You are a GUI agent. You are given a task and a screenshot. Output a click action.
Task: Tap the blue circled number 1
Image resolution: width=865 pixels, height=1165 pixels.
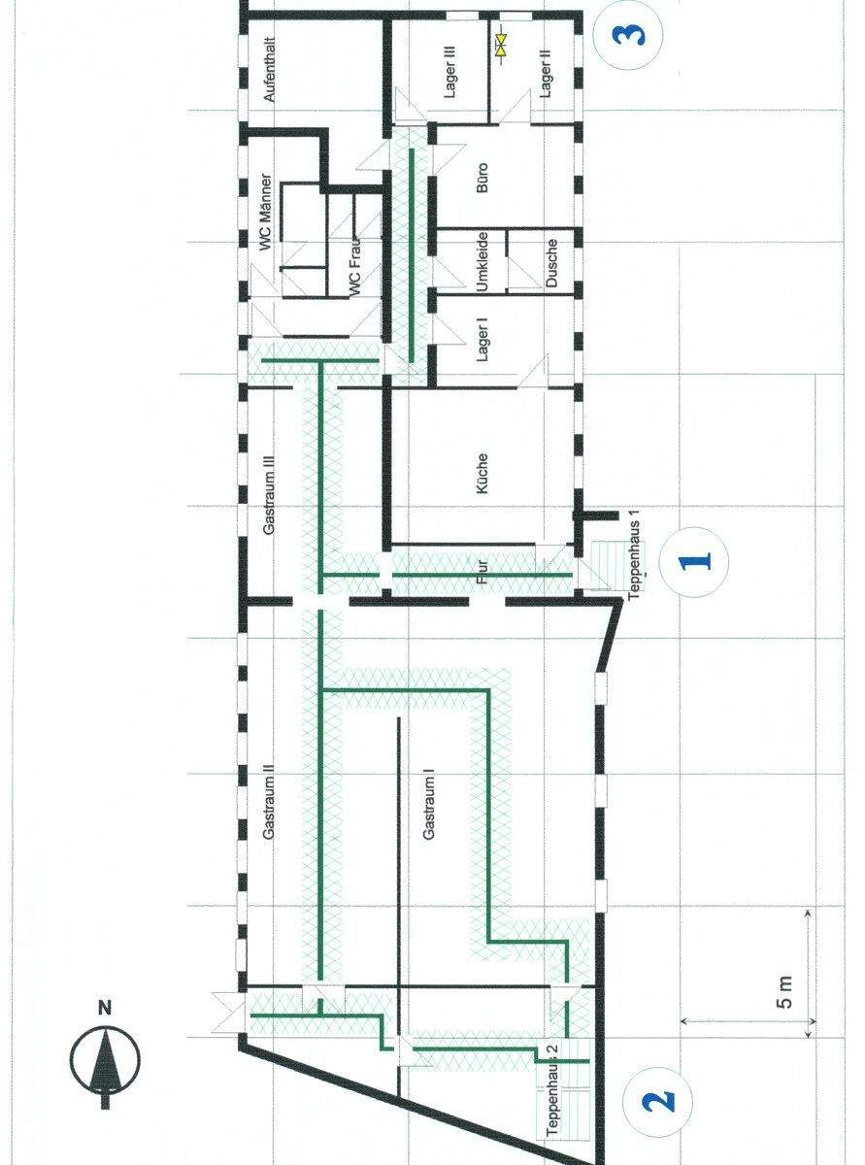[x=694, y=560]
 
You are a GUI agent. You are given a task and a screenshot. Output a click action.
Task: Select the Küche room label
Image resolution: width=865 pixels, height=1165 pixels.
[x=482, y=473]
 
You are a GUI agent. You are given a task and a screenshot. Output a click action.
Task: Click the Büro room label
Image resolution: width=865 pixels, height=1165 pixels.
[x=482, y=178]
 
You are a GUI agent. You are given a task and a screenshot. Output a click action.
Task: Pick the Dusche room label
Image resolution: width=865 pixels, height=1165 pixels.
[x=550, y=263]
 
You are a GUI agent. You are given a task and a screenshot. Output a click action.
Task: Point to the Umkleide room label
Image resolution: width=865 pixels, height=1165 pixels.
[x=482, y=261]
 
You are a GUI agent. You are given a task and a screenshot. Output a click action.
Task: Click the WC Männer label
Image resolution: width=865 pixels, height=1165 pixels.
[x=268, y=212]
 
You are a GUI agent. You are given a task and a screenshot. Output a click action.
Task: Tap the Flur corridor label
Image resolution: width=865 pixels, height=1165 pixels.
[x=483, y=571]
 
